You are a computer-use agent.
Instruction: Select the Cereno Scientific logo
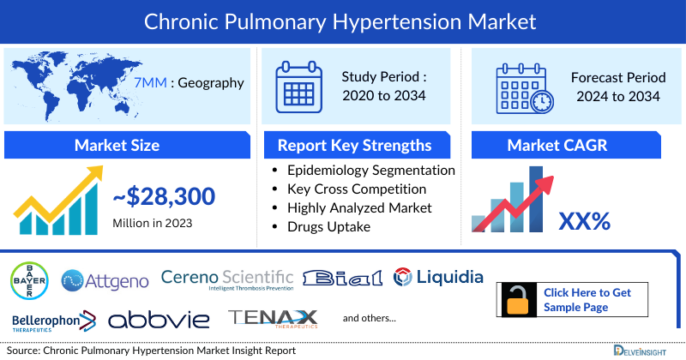tap(227, 279)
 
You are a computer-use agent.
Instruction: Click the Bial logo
tap(342, 278)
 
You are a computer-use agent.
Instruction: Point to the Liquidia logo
tap(438, 277)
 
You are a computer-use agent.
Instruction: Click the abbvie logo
tap(159, 321)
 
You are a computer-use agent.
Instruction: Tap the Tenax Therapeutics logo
tap(274, 320)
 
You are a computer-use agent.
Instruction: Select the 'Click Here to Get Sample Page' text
tap(587, 300)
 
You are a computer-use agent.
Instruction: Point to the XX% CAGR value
tap(584, 221)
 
